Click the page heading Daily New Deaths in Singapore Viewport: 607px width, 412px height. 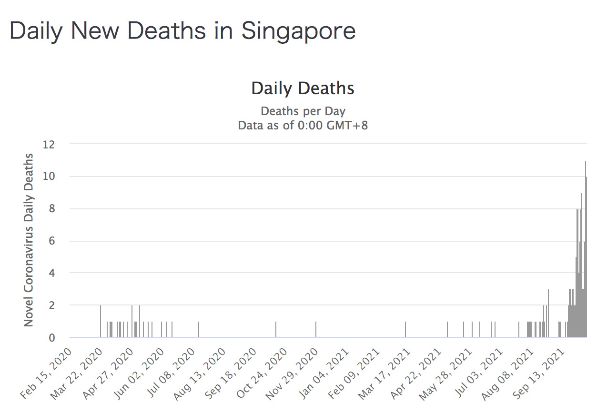(x=182, y=31)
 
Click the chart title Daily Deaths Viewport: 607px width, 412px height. (x=303, y=88)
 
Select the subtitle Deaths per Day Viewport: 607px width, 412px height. (x=303, y=111)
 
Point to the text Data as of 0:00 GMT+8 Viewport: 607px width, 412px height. (x=303, y=126)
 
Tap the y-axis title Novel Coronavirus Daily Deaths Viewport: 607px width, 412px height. (x=29, y=240)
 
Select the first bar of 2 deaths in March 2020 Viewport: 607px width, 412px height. (x=101, y=322)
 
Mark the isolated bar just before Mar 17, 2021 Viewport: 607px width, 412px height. (x=405, y=330)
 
